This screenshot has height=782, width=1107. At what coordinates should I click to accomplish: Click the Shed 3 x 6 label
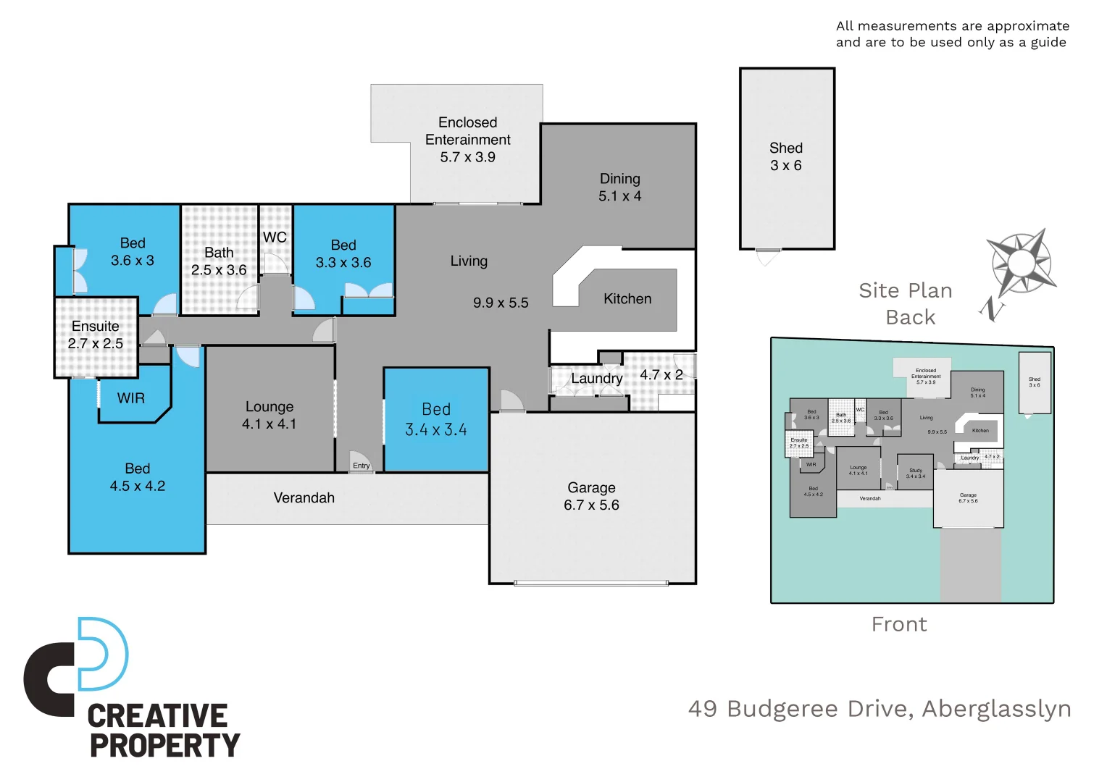click(x=785, y=156)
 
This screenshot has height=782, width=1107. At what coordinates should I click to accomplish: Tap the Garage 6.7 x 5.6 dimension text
click(x=591, y=505)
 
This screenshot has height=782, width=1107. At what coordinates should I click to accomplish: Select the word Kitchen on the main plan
click(x=627, y=298)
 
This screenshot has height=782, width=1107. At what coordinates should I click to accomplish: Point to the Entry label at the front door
click(x=361, y=466)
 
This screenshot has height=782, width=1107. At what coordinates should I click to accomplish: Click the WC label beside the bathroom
click(x=275, y=237)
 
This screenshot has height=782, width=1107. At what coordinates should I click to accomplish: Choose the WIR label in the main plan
click(x=131, y=398)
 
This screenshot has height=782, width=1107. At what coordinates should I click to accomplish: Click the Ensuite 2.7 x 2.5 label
click(x=96, y=335)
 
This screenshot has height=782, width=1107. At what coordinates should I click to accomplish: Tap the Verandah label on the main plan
click(x=304, y=497)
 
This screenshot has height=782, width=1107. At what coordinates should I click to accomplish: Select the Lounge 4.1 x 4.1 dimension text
click(x=269, y=424)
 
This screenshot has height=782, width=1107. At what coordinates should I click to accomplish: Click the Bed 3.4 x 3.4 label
click(x=435, y=419)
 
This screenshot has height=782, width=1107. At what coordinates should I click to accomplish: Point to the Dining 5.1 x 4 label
click(x=619, y=187)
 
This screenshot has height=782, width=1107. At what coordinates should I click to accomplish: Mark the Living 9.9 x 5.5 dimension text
click(x=501, y=303)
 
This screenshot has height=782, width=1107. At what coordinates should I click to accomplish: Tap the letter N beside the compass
click(x=992, y=310)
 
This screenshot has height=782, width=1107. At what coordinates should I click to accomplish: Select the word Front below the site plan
click(x=899, y=624)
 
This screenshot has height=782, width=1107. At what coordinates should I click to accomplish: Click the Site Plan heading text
click(x=905, y=290)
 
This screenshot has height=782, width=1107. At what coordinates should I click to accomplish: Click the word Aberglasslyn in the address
click(x=996, y=708)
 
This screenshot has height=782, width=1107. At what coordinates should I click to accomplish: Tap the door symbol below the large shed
click(x=768, y=256)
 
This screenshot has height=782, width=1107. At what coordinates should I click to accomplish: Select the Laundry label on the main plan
click(x=596, y=378)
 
